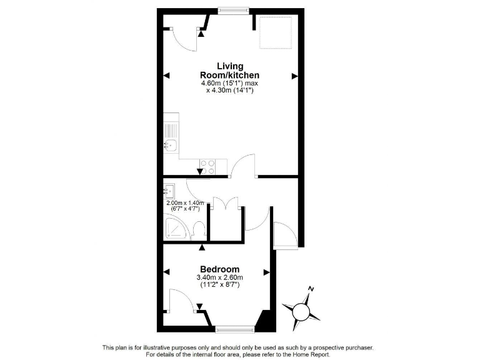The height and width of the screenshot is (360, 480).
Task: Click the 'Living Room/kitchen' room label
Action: pos(230,70)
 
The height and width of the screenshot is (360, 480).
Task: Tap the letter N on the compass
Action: pos(311,289)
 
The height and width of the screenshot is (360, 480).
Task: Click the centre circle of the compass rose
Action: pos(302,309)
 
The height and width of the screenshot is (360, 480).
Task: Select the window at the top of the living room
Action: pos(234,10)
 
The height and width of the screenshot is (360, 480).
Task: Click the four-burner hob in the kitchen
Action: pos(207,167)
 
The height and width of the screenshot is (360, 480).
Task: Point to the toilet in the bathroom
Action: pos(199,229)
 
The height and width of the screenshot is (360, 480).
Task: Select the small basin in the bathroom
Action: pos(169,191)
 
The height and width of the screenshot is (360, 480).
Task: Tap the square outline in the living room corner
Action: pos(276,34)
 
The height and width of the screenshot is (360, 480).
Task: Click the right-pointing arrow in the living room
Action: pos(294,76)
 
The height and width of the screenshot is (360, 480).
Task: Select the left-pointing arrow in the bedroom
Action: pos(166,272)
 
